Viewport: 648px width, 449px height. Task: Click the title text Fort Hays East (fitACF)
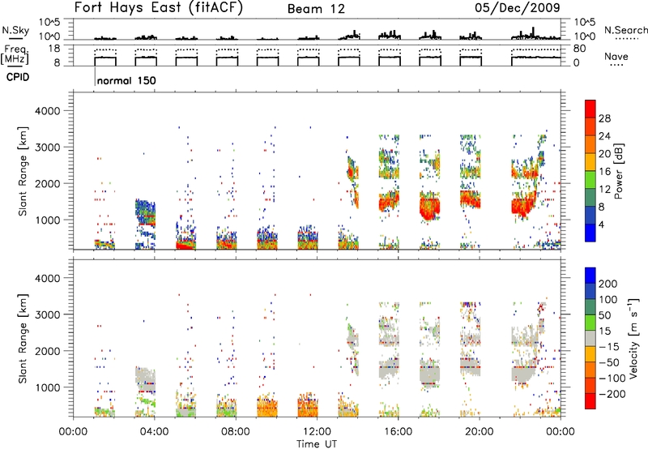[x=159, y=7]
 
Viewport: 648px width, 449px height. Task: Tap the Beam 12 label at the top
[x=316, y=9]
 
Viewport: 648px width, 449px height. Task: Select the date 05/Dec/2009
[x=518, y=7]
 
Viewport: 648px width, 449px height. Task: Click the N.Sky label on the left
[x=15, y=30]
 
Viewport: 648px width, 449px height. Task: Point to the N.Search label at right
[x=625, y=30]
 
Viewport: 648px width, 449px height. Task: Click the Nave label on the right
[x=616, y=56]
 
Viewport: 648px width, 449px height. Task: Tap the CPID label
[x=18, y=77]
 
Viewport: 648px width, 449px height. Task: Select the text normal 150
[x=126, y=80]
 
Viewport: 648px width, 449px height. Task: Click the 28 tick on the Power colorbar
[x=604, y=118]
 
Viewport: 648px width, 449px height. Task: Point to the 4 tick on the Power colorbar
[x=601, y=224]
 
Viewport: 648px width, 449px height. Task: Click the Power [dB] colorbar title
[x=619, y=171]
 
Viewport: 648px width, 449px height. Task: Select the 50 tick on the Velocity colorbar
[x=605, y=315]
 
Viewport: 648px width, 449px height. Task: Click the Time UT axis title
[x=317, y=444]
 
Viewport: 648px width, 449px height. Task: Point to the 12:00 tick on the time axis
[x=317, y=432]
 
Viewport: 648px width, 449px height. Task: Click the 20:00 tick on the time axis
[x=479, y=432]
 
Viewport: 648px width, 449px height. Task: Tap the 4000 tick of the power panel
[x=48, y=111]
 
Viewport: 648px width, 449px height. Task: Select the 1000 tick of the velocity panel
[x=48, y=387]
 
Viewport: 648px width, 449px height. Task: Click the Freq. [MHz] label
[x=15, y=54]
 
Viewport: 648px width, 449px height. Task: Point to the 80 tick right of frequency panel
[x=580, y=49]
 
